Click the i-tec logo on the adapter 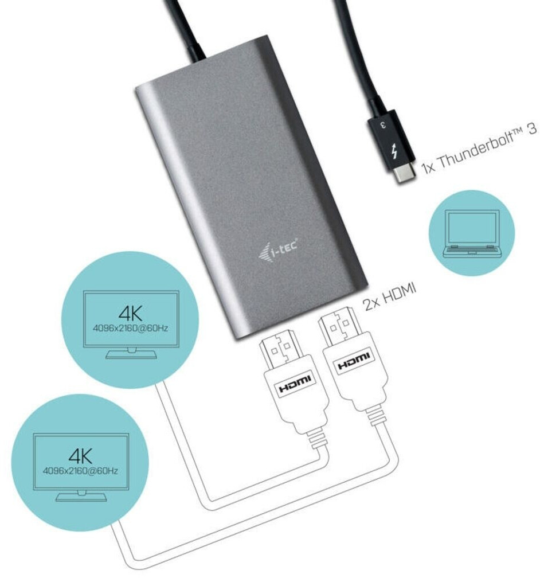279,249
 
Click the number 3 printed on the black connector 382,124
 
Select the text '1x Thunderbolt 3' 479,149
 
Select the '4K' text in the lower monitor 80,456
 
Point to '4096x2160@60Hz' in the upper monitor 131,328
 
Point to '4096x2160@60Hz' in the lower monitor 80,471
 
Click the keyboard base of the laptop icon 472,251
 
